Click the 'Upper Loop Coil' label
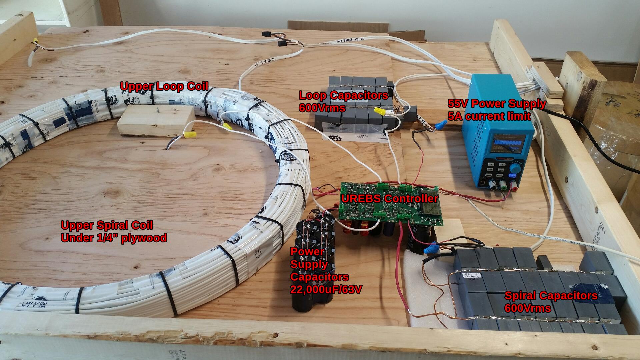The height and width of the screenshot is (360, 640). point(164,86)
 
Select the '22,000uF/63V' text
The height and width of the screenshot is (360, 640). point(326,289)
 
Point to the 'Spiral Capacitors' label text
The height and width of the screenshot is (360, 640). point(551,296)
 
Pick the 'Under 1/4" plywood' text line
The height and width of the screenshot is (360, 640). point(114,238)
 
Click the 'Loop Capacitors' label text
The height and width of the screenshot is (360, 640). point(343,95)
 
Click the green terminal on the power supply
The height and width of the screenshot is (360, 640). point(503,187)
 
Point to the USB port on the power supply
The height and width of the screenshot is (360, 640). point(482,183)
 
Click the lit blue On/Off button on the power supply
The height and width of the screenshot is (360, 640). point(512,175)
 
